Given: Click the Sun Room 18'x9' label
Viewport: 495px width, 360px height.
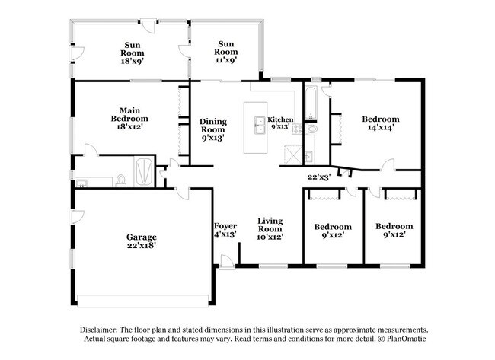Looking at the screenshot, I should (132, 49).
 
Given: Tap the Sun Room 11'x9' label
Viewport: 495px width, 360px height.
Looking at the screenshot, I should (225, 49).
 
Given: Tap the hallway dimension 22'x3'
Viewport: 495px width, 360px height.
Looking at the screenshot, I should (318, 177).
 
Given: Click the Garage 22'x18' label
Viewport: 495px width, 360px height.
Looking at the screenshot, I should (142, 241).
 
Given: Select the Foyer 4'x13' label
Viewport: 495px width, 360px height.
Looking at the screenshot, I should (225, 230).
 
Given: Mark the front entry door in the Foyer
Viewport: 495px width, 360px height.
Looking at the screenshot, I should (227, 261).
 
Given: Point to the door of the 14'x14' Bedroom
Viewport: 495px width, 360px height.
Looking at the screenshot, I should (388, 165).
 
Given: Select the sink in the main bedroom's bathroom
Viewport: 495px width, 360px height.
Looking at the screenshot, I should (83, 181).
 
